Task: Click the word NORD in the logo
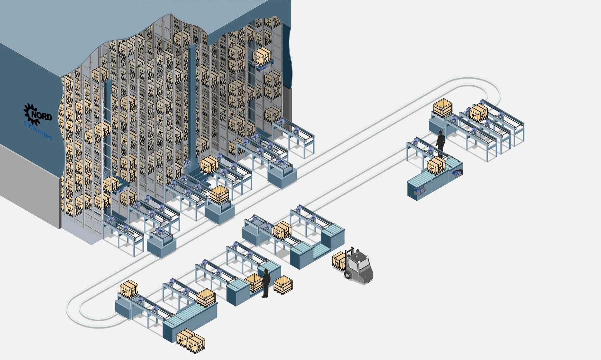pyautogui.click(x=41, y=116)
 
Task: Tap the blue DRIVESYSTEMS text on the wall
pyautogui.click(x=38, y=130)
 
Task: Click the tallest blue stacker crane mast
pyautogui.click(x=192, y=103)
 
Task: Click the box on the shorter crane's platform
pyautogui.click(x=110, y=184)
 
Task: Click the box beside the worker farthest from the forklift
pyautogui.click(x=436, y=165)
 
